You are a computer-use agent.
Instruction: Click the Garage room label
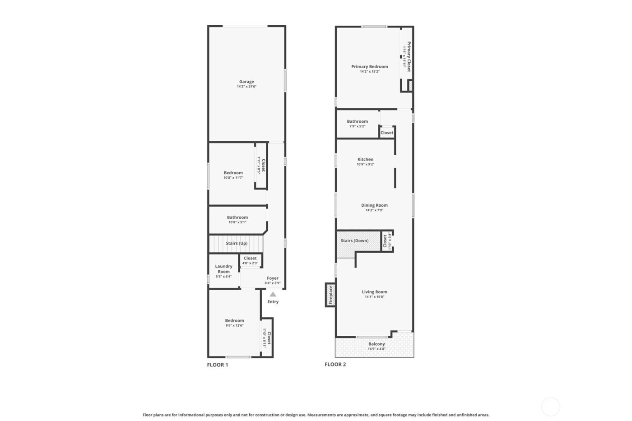[246, 82]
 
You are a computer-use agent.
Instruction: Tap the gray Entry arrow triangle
[273, 294]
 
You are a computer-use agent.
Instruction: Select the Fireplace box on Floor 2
[330, 295]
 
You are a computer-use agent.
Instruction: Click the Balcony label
[376, 344]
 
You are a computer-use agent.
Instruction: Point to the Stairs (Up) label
[237, 243]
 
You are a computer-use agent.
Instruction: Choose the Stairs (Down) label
[354, 241]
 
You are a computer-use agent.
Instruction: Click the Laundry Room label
[223, 269]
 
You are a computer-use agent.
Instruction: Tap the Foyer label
[273, 278]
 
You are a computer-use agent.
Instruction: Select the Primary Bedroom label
[370, 66]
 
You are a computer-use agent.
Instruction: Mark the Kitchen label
[365, 159]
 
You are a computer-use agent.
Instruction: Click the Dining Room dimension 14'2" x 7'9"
[374, 210]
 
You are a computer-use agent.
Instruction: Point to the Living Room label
[374, 292]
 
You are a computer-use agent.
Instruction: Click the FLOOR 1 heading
[218, 365]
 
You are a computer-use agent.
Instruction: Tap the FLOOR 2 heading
[335, 364]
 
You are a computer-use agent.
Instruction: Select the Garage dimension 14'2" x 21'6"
[246, 87]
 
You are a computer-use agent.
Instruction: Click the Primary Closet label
[409, 57]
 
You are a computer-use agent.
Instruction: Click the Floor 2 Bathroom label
[357, 121]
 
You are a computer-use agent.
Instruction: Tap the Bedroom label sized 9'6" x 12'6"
[235, 320]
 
